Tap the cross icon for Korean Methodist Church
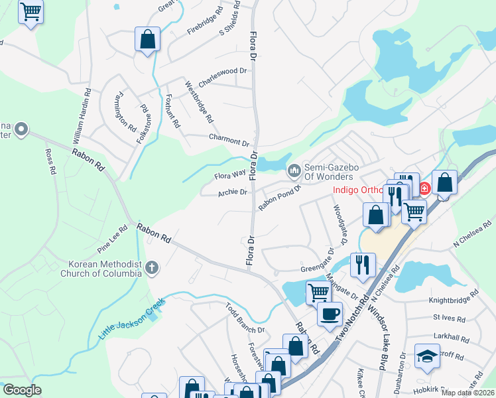point(152,268)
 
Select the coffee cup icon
point(330,314)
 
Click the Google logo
point(23,390)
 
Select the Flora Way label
point(230,176)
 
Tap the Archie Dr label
point(232,192)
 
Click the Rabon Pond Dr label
point(279,197)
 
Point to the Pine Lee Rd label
point(112,240)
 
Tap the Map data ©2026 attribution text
point(467,392)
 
